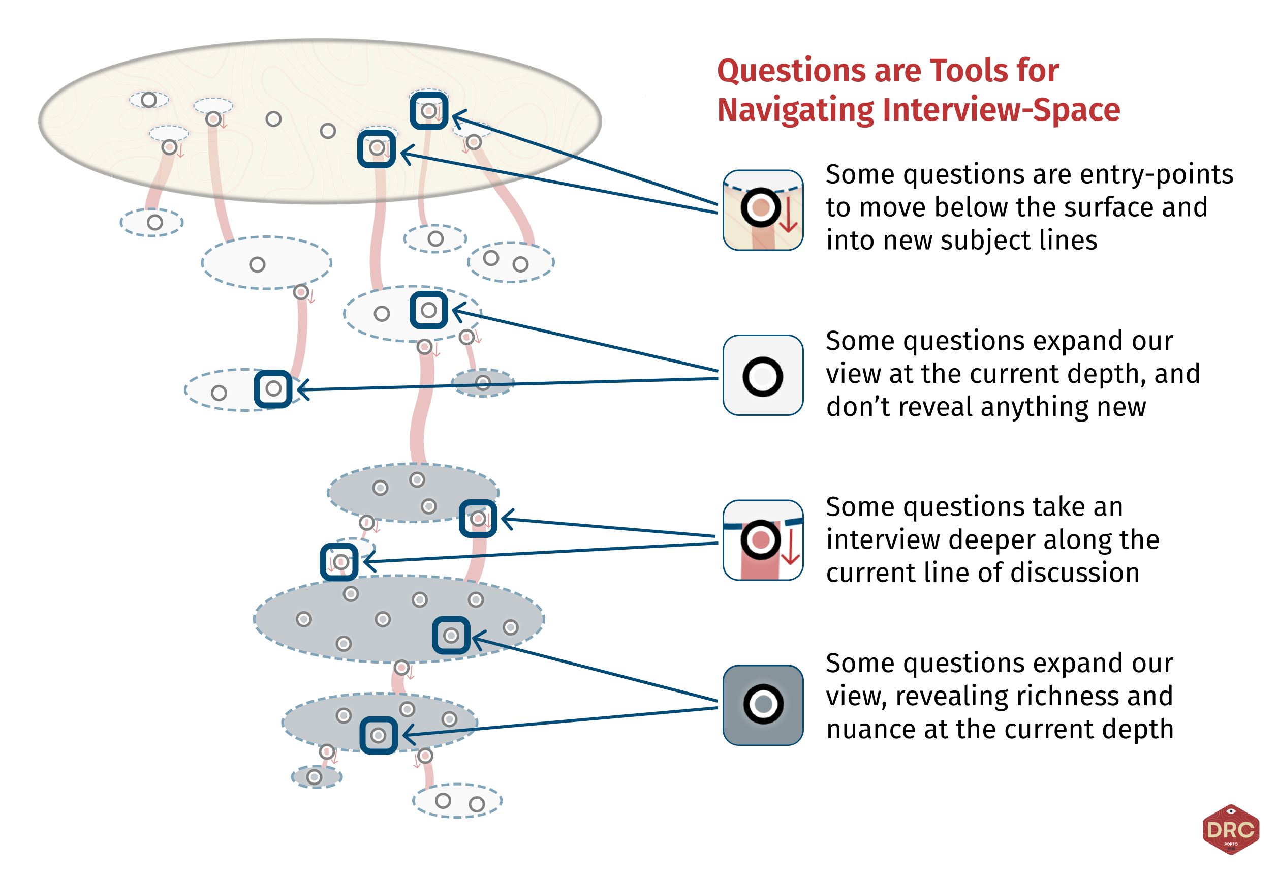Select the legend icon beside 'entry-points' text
(763, 210)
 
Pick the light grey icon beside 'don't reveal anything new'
(763, 375)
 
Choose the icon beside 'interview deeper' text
(763, 540)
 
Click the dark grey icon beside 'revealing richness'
(763, 705)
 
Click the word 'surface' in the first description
(1103, 207)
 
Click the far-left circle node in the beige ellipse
(148, 100)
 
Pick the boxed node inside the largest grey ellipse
(451, 636)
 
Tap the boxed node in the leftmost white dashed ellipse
(273, 389)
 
